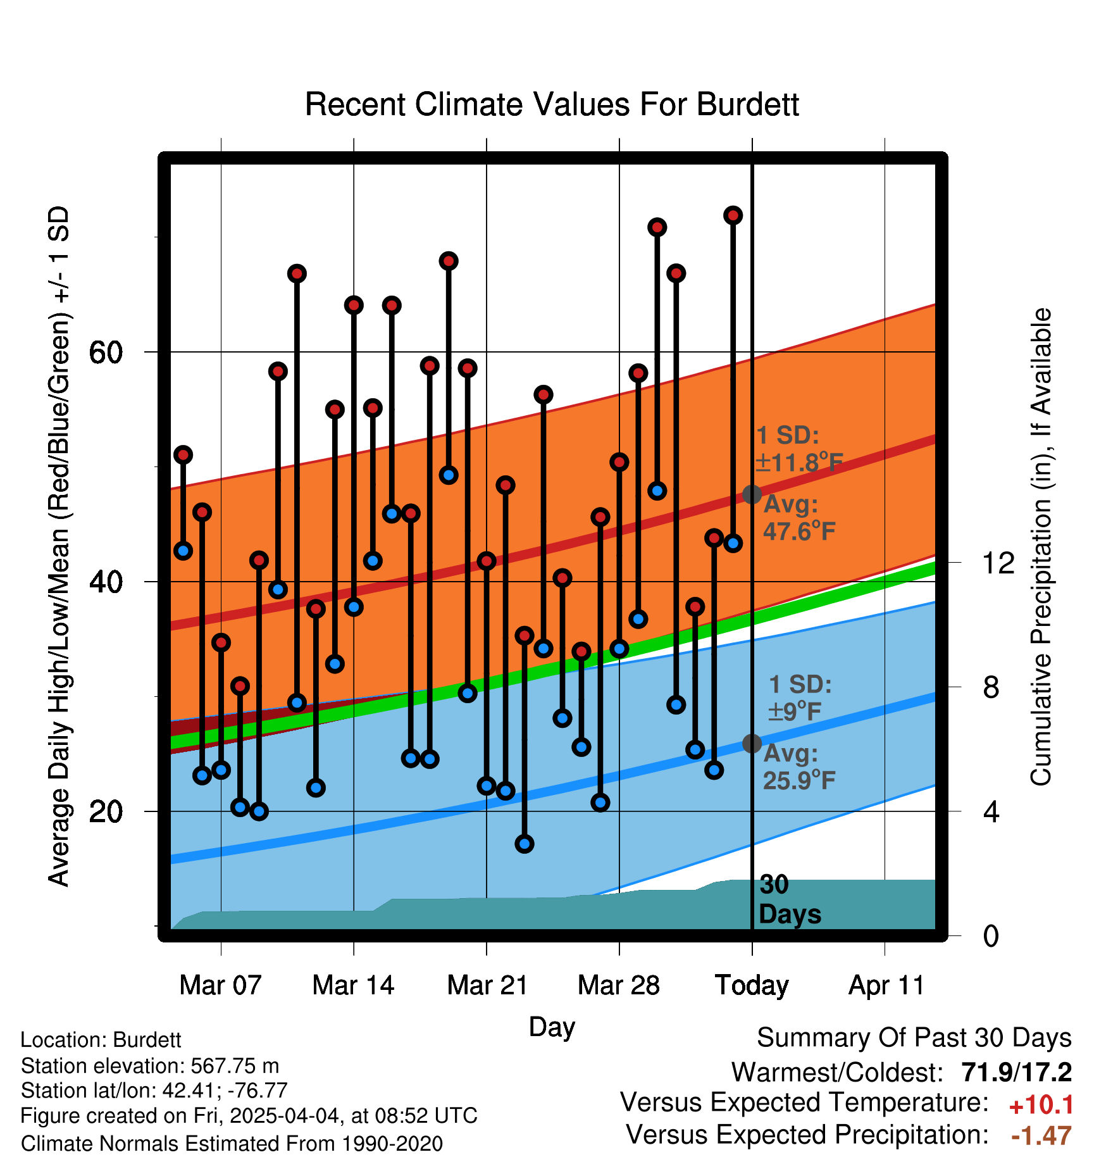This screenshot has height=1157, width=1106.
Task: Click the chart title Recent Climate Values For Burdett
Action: click(x=552, y=104)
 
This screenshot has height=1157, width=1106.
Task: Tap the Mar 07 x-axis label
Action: click(x=220, y=985)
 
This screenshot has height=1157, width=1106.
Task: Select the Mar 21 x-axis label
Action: click(x=487, y=985)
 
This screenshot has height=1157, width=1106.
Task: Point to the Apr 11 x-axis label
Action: click(x=886, y=985)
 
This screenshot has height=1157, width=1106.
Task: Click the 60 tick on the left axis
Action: click(x=106, y=352)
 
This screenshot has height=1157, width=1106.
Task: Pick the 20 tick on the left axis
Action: click(x=106, y=811)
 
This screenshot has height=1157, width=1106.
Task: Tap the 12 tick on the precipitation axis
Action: click(x=998, y=563)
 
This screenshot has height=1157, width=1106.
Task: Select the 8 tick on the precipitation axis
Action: click(x=991, y=687)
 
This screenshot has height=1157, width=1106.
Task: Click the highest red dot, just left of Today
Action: click(x=733, y=215)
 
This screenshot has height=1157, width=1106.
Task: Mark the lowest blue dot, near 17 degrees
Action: click(x=525, y=844)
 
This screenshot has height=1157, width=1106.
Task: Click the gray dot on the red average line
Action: click(x=752, y=494)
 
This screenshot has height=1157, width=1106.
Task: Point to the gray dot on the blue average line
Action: click(x=752, y=743)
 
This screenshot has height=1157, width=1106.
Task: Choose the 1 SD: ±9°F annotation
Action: click(x=800, y=698)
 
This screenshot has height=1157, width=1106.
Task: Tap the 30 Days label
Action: click(x=790, y=899)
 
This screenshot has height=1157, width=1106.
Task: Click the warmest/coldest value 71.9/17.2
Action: click(x=1017, y=1072)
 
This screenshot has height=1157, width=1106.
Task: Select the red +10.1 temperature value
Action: click(x=1041, y=1105)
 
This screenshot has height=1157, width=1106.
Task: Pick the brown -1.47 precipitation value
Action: click(x=1041, y=1136)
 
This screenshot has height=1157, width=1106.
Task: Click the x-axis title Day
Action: click(x=552, y=1027)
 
